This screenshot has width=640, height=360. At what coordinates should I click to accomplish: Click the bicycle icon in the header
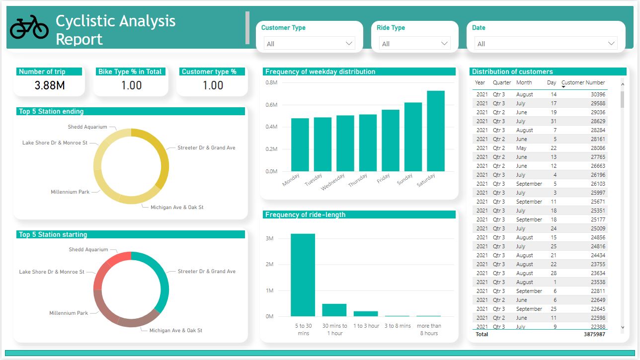click(x=29, y=27)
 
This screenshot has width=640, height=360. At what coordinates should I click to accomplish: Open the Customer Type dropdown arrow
click(x=349, y=44)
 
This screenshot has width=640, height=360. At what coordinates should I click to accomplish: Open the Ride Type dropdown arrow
click(x=444, y=44)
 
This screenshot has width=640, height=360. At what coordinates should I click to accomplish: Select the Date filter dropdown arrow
click(x=611, y=44)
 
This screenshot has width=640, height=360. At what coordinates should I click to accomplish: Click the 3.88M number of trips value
click(x=50, y=85)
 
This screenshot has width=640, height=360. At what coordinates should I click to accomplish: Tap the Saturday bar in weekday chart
click(x=435, y=131)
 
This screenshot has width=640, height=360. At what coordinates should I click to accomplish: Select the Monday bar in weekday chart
click(x=300, y=144)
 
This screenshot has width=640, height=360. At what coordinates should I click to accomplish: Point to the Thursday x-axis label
click(x=358, y=180)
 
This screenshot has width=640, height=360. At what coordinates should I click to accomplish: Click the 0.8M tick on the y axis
click(x=271, y=82)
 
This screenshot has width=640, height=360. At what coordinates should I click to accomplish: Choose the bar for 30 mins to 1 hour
click(x=334, y=310)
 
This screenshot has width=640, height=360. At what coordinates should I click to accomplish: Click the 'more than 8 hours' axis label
click(x=428, y=330)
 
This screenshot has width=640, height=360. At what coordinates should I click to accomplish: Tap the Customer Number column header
click(x=583, y=82)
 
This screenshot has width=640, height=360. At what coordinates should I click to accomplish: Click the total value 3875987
click(x=594, y=334)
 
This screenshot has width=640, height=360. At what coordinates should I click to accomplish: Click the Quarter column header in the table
click(x=501, y=82)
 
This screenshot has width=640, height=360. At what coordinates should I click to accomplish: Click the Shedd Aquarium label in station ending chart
click(x=87, y=127)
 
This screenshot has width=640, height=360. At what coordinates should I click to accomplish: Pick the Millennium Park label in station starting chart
click(x=69, y=313)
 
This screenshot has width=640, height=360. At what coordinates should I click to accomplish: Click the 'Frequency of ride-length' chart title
click(x=305, y=215)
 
